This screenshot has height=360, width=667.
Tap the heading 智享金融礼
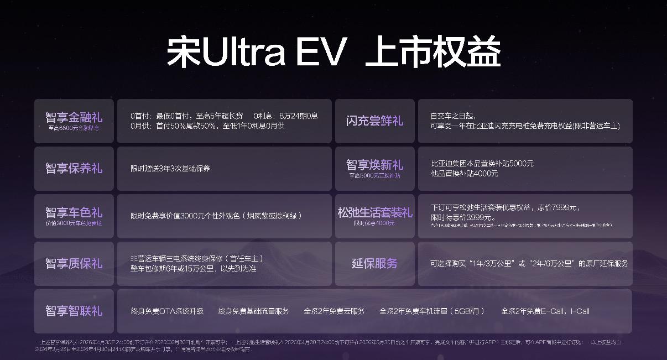tap(74, 117)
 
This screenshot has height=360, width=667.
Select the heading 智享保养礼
tap(74, 168)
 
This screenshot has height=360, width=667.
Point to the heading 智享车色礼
tap(74, 212)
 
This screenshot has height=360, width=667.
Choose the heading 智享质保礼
tap(74, 263)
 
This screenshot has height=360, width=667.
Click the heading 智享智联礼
tap(74, 311)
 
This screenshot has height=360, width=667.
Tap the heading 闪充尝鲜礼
tap(374, 121)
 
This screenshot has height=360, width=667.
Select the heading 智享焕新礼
tap(374, 165)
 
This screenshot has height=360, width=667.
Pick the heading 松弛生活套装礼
tap(374, 212)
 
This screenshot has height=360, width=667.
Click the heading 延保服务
tap(374, 263)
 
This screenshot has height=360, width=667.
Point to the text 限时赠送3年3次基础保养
tap(170, 168)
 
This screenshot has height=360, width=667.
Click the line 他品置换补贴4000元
tap(464, 173)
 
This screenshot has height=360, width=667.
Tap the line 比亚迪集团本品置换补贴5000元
tap(482, 164)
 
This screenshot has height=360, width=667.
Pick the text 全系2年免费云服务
tap(334, 311)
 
